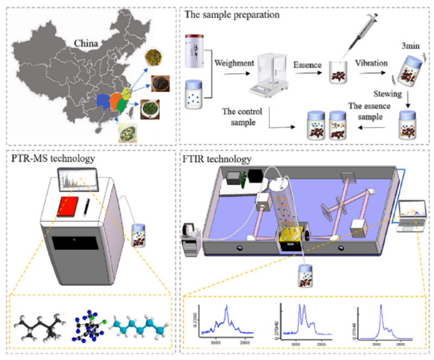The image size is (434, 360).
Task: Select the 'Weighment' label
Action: pyautogui.click(x=234, y=63)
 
